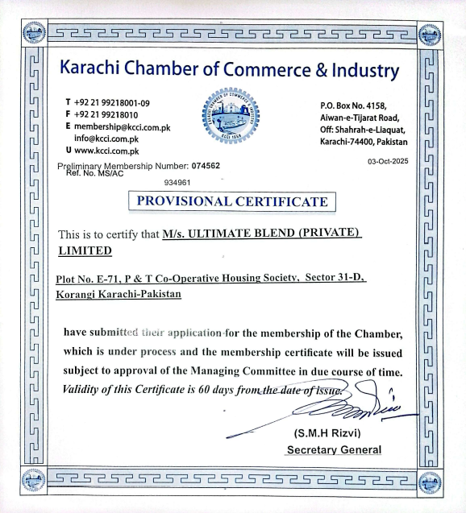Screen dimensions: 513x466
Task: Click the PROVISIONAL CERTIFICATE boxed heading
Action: [x=233, y=201]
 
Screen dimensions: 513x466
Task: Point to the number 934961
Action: [x=177, y=184]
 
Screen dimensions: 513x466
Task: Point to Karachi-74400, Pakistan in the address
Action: [x=364, y=142]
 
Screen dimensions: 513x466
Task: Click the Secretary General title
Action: [x=334, y=449]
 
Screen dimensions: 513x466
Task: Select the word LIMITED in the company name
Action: [x=85, y=250]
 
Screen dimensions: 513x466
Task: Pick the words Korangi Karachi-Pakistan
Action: [x=118, y=295]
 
